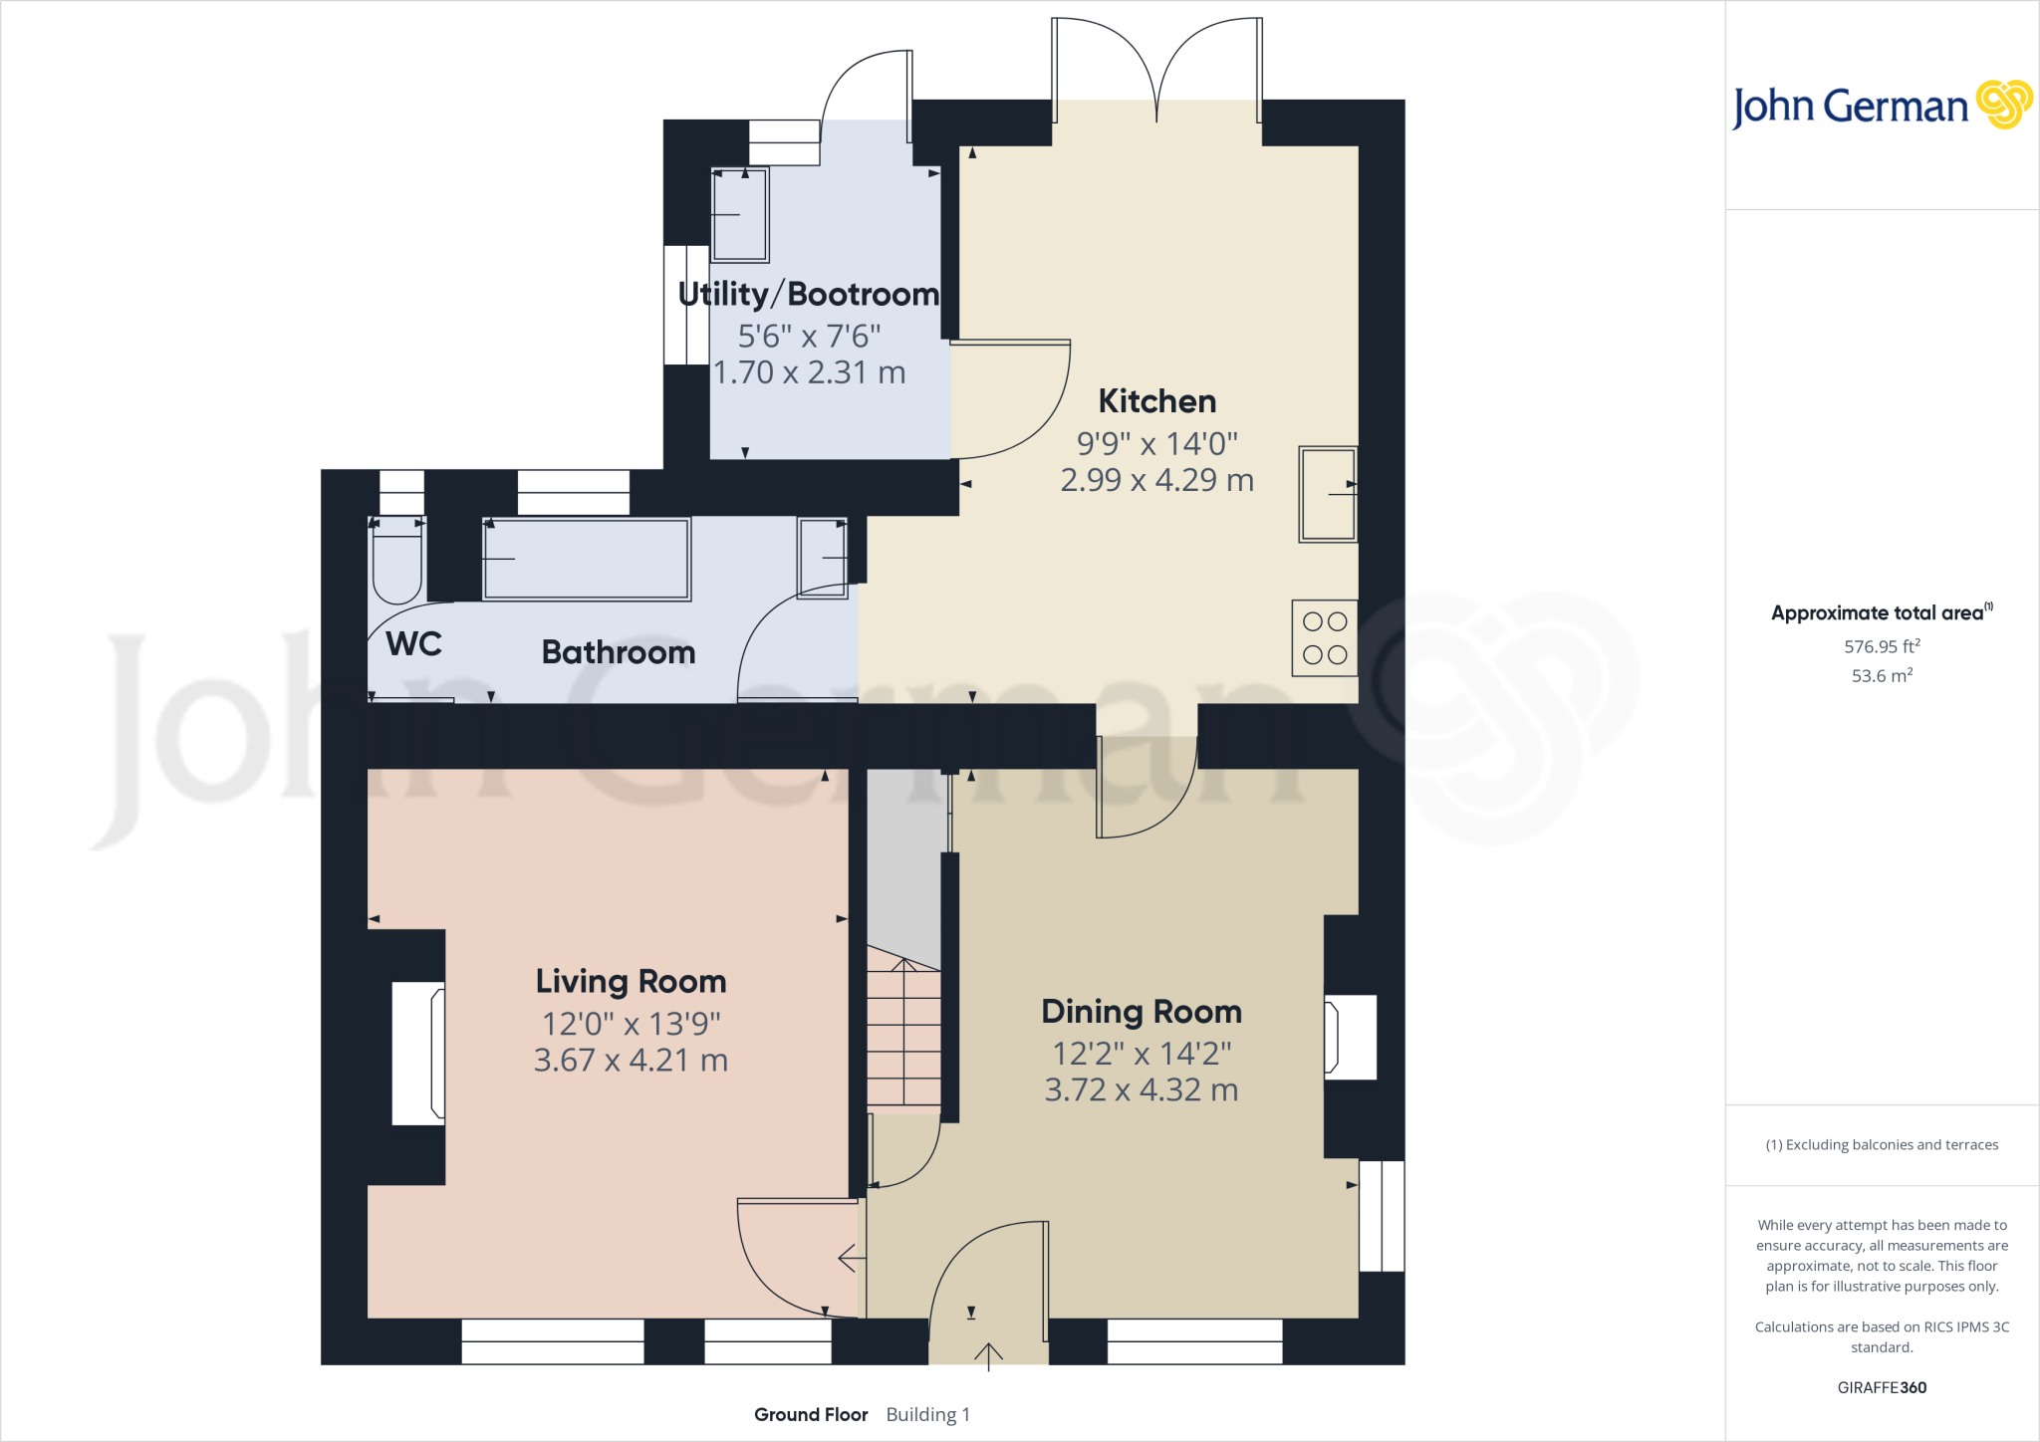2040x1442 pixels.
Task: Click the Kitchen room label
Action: point(1156,401)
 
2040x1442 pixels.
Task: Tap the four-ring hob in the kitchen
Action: point(1324,638)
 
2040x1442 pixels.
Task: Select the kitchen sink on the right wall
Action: point(1328,494)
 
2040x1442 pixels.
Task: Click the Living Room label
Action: point(631,982)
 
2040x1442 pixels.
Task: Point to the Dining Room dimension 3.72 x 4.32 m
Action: point(1141,1090)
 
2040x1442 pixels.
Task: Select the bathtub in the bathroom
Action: point(586,560)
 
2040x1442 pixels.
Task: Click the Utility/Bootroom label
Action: point(808,295)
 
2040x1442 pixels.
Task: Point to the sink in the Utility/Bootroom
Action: point(739,215)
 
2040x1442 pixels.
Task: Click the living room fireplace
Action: point(418,1054)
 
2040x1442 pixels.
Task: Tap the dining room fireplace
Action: point(1350,1037)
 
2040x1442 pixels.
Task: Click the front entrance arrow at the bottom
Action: point(988,1355)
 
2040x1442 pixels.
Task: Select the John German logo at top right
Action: point(1881,106)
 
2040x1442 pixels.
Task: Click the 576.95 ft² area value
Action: point(1881,646)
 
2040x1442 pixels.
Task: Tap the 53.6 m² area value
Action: point(1881,676)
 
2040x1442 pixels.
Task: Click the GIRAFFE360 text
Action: point(1881,1387)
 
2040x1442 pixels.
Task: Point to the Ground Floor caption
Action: point(811,1414)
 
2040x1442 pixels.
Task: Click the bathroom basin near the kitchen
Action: point(822,558)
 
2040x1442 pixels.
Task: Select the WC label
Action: point(413,644)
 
